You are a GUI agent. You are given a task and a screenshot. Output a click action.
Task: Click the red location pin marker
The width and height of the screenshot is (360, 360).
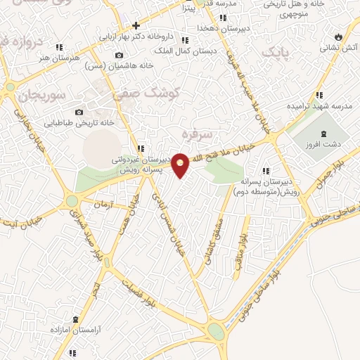pos(181,165)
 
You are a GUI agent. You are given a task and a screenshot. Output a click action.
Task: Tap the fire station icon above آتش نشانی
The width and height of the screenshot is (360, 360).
pos(338,35)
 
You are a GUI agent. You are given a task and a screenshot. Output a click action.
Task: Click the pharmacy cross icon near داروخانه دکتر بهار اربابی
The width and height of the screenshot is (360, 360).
pos(136,25)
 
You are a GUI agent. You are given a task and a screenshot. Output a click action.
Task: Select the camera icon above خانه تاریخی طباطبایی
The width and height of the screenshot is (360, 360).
pos(79,112)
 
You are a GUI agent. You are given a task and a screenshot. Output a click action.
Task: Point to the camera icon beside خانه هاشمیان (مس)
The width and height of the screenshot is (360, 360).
pos(118,56)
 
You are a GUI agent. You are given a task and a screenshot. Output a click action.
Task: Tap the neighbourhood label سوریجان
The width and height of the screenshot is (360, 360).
pos(43,94)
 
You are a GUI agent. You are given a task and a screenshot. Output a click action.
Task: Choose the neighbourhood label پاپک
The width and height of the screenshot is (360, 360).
pos(274,52)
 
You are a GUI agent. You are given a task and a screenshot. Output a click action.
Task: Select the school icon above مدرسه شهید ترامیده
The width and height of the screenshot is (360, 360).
pos(319,94)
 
